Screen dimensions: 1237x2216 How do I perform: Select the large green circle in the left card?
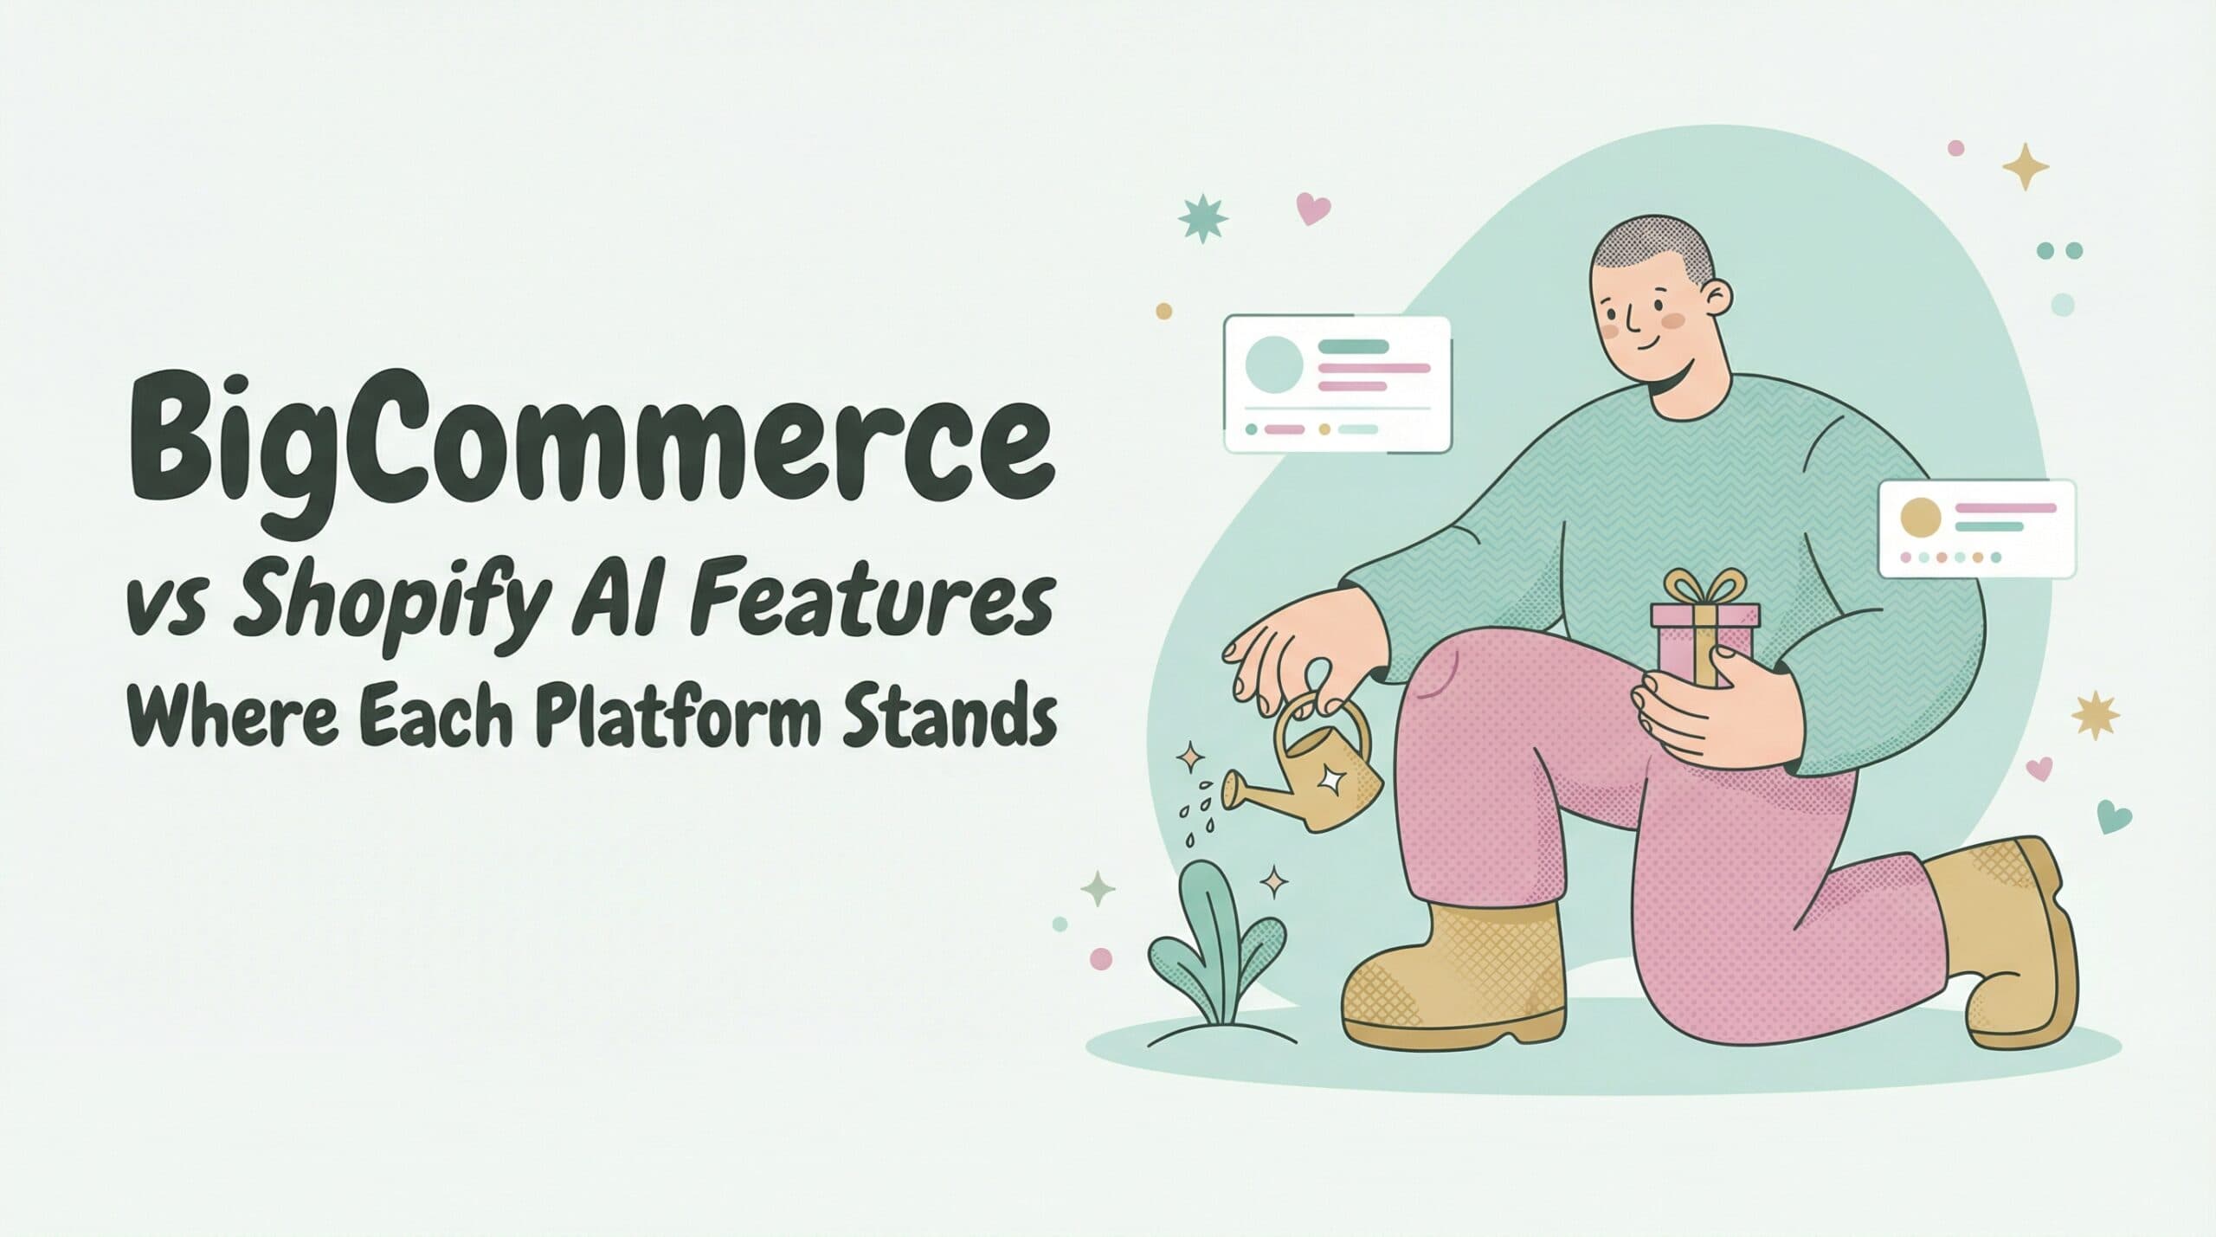[1273, 365]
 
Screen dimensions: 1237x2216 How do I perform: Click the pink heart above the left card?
[1313, 208]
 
